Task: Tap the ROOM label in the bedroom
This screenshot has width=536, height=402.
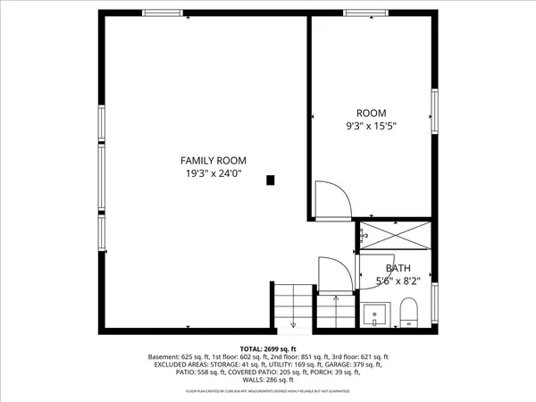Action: pyautogui.click(x=371, y=113)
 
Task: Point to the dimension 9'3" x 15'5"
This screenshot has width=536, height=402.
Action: pyautogui.click(x=371, y=126)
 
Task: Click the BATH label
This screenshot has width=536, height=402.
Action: pyautogui.click(x=398, y=268)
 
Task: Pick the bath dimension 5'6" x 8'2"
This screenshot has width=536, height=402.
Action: pyautogui.click(x=398, y=281)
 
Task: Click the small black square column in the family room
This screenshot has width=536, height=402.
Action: pyautogui.click(x=271, y=180)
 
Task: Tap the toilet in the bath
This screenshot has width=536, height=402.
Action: pyautogui.click(x=409, y=314)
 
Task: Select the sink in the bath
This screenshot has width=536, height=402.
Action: pyautogui.click(x=374, y=314)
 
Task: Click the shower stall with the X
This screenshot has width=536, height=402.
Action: pyautogui.click(x=393, y=237)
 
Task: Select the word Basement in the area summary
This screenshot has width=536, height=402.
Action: pyautogui.click(x=168, y=356)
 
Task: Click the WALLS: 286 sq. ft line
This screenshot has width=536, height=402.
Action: pyautogui.click(x=268, y=381)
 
